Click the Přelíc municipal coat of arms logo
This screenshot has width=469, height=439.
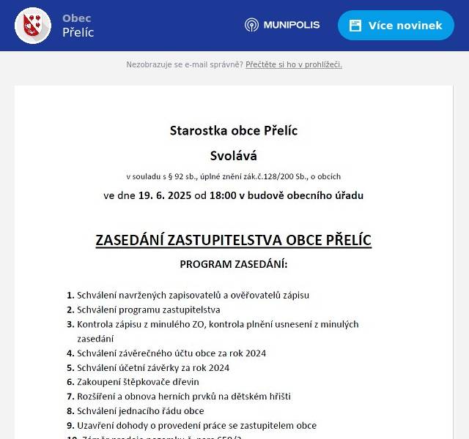[x=33, y=26]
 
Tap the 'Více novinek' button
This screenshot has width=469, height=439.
[x=396, y=26]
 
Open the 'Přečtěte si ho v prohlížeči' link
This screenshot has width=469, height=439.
[x=294, y=64]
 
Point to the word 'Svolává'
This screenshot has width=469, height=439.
[x=234, y=156]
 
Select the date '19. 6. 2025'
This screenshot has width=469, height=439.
[x=164, y=195]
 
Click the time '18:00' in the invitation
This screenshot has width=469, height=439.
[x=223, y=195]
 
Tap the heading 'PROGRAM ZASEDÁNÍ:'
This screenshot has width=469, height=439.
[x=234, y=264]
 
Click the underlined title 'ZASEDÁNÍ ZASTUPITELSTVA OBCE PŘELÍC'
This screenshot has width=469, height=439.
[x=234, y=241]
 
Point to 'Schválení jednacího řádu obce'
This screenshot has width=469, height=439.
[x=141, y=411]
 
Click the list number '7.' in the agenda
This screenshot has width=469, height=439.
[x=70, y=397]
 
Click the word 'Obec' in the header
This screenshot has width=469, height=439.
[x=76, y=18]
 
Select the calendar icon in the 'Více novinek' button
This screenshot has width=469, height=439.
[x=355, y=26]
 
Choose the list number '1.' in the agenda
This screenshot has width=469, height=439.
[x=70, y=296]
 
